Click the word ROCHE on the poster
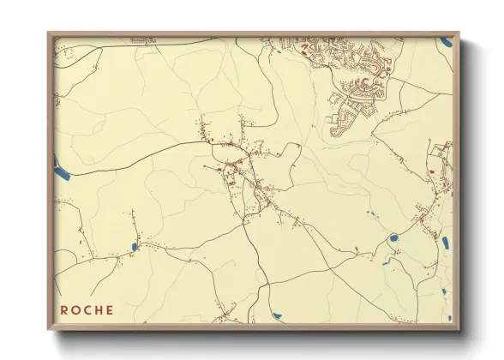(x=87, y=309)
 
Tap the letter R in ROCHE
(x=64, y=309)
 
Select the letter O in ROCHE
(x=75, y=309)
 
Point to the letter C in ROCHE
(x=87, y=309)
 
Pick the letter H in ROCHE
(x=98, y=309)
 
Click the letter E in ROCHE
(x=109, y=309)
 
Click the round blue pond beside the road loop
(x=393, y=238)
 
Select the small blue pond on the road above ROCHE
(x=135, y=247)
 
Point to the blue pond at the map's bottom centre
(x=276, y=316)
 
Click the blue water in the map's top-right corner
(x=445, y=41)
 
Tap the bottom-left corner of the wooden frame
(x=49, y=330)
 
